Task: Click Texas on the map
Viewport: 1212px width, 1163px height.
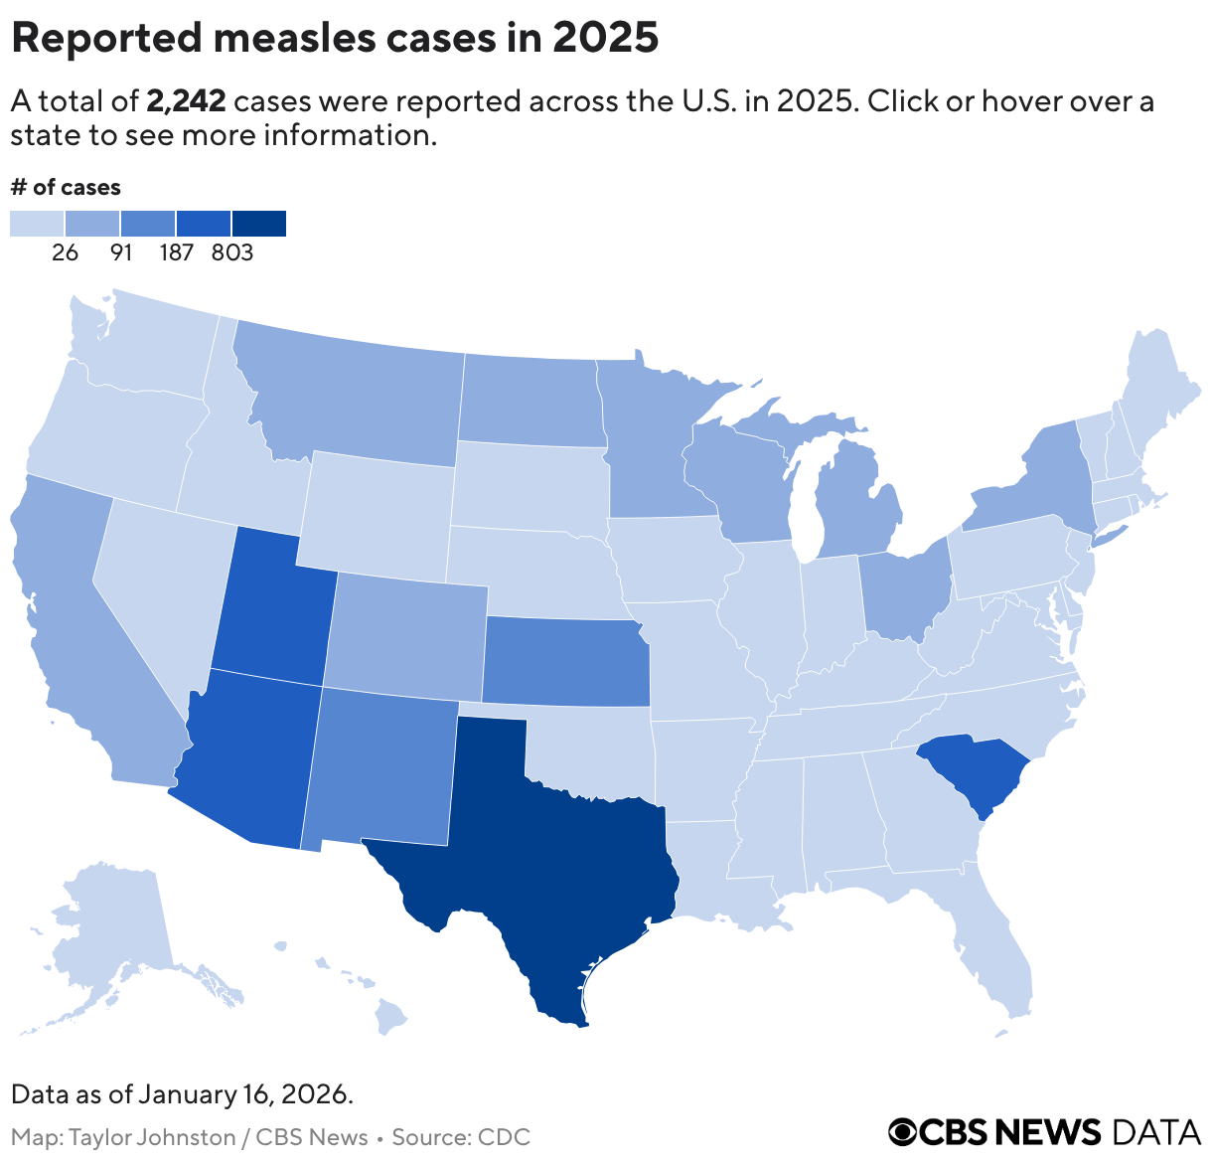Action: pyautogui.click(x=556, y=865)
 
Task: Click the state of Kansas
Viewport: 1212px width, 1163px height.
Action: pyautogui.click(x=566, y=661)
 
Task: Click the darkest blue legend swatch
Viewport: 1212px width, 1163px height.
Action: pyautogui.click(x=259, y=224)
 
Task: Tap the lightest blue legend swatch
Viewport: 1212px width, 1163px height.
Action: pyautogui.click(x=37, y=224)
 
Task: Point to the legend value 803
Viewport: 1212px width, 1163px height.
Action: pyautogui.click(x=232, y=252)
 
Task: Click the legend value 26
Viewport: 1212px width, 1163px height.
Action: pyautogui.click(x=66, y=252)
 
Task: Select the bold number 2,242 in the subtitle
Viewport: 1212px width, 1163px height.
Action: pyautogui.click(x=186, y=101)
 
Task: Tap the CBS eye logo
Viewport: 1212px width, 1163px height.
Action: pyautogui.click(x=903, y=1131)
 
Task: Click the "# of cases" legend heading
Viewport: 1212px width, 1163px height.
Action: pyautogui.click(x=66, y=187)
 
